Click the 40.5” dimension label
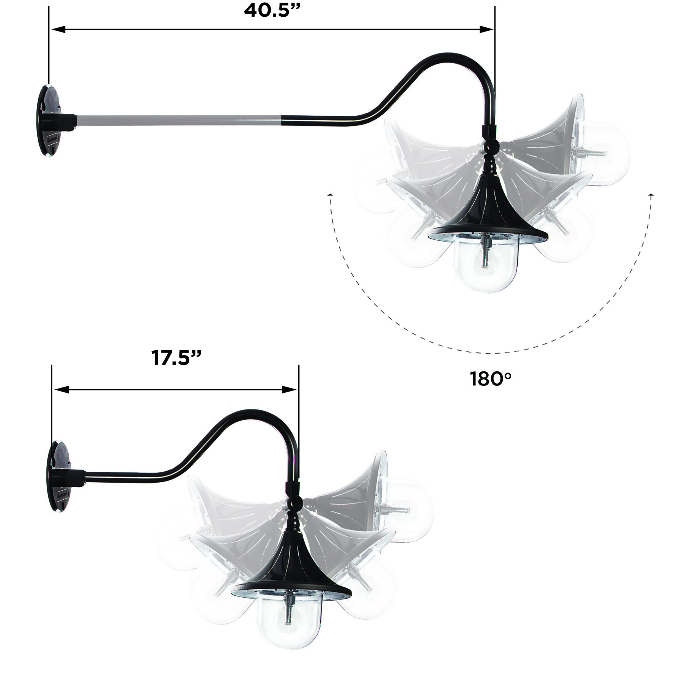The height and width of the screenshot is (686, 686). click(272, 11)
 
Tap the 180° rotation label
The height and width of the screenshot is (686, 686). click(491, 379)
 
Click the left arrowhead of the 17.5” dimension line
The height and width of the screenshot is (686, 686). click(61, 390)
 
